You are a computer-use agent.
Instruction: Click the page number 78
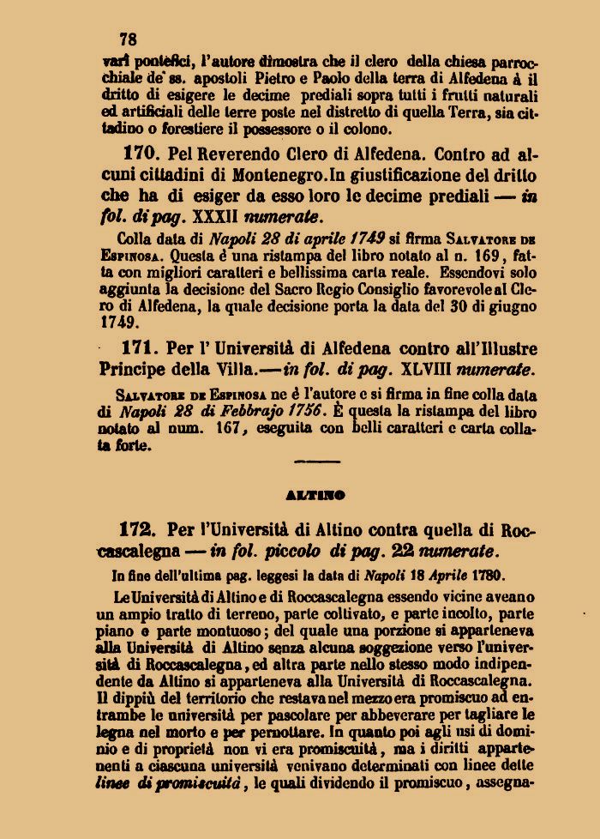point(129,39)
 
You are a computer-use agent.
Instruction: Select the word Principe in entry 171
point(142,370)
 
